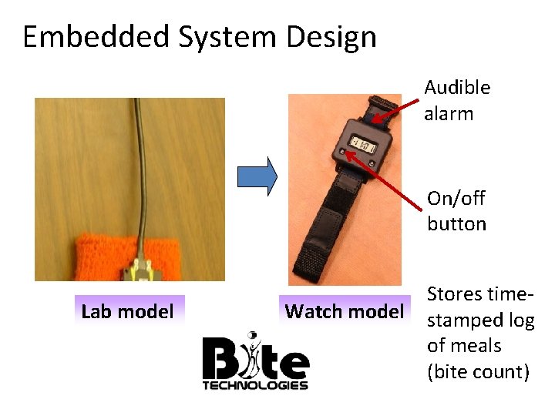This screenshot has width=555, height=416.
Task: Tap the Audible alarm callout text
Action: [x=457, y=101]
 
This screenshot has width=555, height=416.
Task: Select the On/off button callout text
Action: [x=457, y=211]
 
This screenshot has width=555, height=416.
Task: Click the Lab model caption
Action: [x=127, y=312]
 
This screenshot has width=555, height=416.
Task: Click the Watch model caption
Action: [x=344, y=312]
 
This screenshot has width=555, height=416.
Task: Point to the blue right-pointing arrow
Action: [x=257, y=176]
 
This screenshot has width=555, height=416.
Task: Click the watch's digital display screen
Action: [x=362, y=143]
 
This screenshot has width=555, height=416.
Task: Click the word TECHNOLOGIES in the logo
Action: [x=255, y=385]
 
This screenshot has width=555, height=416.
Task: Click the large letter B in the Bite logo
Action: [x=220, y=359]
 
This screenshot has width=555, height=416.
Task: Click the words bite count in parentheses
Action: [x=478, y=372]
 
